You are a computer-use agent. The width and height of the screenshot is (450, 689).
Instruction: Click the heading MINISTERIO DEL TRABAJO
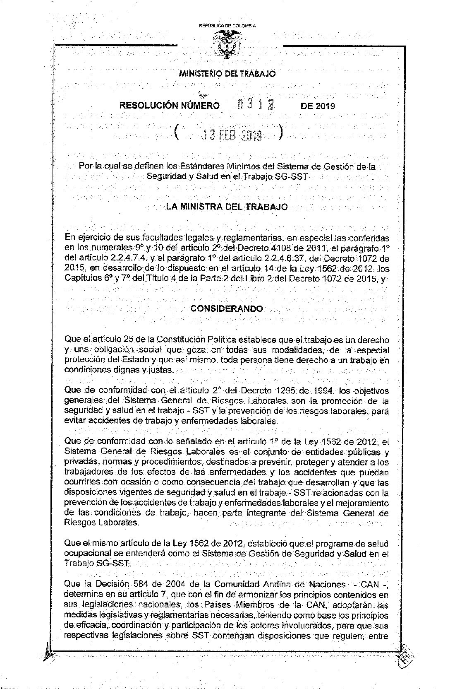(x=227, y=74)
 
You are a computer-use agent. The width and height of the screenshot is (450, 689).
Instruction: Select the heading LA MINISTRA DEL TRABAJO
(x=227, y=206)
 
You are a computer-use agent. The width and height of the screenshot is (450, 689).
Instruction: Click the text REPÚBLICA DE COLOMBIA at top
(x=227, y=26)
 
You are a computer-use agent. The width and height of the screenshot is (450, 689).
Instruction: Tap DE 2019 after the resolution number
(x=318, y=106)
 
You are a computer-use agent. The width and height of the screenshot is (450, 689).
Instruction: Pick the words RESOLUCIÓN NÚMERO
(x=170, y=106)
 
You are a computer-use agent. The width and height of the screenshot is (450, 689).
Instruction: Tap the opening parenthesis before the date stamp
(x=177, y=133)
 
